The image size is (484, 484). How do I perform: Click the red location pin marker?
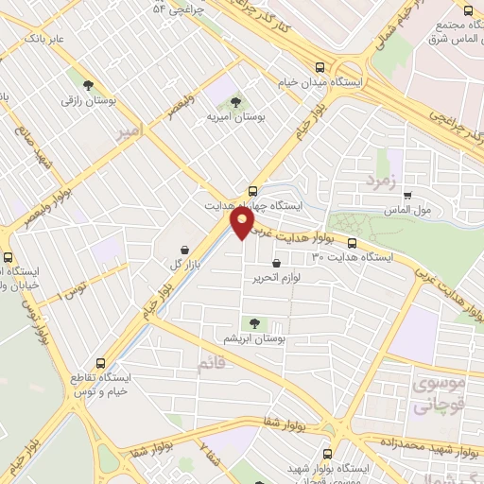pyautogui.click(x=243, y=222)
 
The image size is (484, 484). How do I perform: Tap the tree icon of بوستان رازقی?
pyautogui.click(x=89, y=82)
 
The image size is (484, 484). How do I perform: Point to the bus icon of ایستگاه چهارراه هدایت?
pyautogui.click(x=251, y=190)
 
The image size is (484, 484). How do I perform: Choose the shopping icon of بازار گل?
pyautogui.click(x=181, y=249)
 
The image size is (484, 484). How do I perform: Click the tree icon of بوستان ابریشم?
pyautogui.click(x=253, y=322)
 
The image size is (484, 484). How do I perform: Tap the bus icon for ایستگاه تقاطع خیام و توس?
pyautogui.click(x=101, y=361)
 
